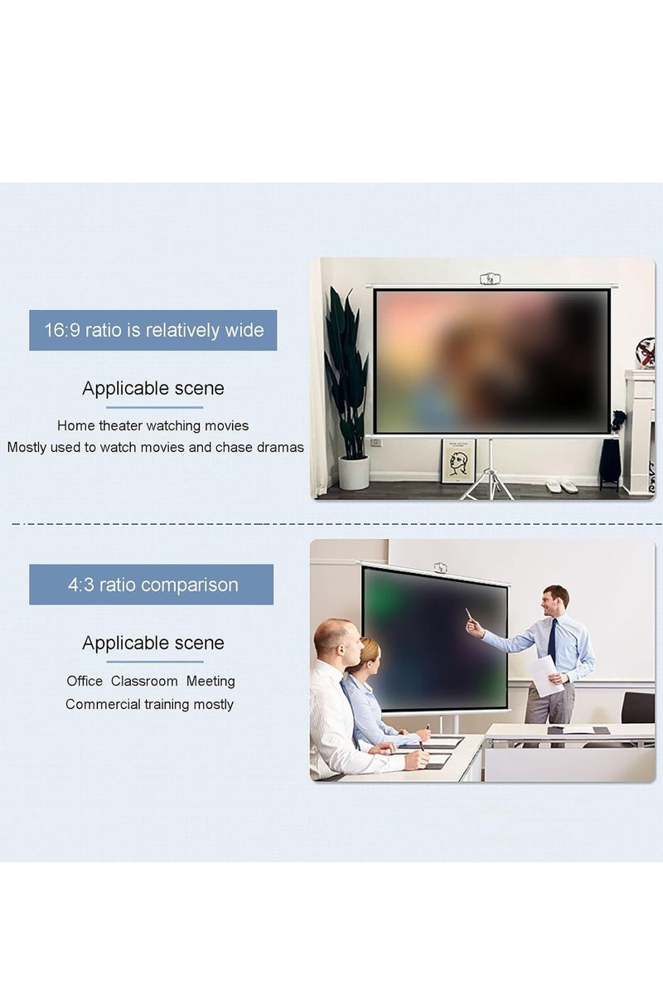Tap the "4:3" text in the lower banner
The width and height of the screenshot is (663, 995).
click(80, 585)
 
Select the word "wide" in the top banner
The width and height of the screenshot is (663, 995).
click(244, 331)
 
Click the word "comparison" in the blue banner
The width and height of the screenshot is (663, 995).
click(189, 585)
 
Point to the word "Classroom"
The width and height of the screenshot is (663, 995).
click(144, 682)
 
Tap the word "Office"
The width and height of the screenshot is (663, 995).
click(85, 682)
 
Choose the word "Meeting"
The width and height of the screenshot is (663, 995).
click(211, 682)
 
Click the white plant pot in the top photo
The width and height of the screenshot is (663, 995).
click(354, 473)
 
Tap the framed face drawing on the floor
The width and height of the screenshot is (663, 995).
click(457, 461)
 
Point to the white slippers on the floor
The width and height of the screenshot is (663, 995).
click(561, 487)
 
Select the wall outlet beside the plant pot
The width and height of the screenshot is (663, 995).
click(375, 443)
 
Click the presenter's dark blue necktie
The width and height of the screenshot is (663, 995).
click(552, 640)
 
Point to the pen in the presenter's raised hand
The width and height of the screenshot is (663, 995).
click(468, 614)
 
